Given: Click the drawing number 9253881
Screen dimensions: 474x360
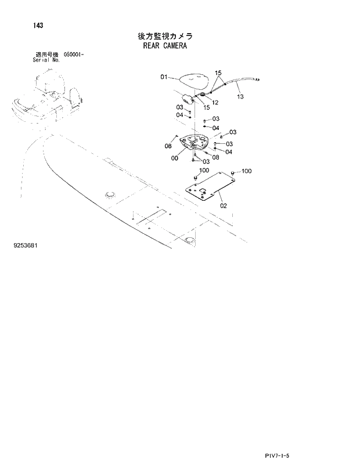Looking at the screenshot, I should pyautogui.click(x=26, y=246).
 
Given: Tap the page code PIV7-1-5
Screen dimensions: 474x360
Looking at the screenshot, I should pyautogui.click(x=275, y=456).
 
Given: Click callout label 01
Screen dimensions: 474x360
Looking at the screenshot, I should pyautogui.click(x=164, y=77).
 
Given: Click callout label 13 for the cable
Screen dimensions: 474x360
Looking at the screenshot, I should pyautogui.click(x=241, y=97).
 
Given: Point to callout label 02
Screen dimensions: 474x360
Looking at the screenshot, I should pyautogui.click(x=224, y=205).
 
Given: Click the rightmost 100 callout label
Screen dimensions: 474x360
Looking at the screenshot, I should pyautogui.click(x=246, y=171).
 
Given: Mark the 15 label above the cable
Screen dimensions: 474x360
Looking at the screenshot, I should pyautogui.click(x=218, y=73).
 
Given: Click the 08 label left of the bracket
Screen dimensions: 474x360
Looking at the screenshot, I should pyautogui.click(x=168, y=146).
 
